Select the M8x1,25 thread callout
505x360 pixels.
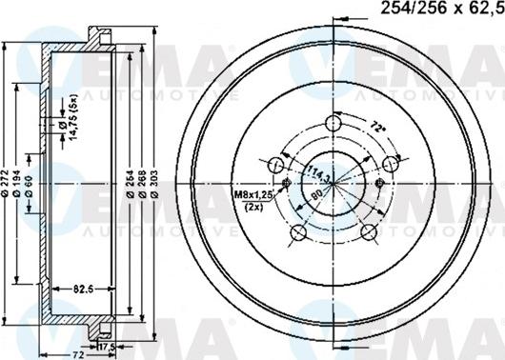coord(253,195)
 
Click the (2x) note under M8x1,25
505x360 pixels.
coord(254,207)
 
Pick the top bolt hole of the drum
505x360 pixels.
coord(333,123)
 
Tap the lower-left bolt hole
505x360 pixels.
coord(298,233)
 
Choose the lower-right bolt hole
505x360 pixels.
coord(368,233)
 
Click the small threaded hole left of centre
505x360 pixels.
coord(287,183)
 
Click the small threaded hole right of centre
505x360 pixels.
coord(380,183)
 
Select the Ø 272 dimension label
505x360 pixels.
coord(7,180)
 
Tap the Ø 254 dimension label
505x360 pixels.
coord(130,181)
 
